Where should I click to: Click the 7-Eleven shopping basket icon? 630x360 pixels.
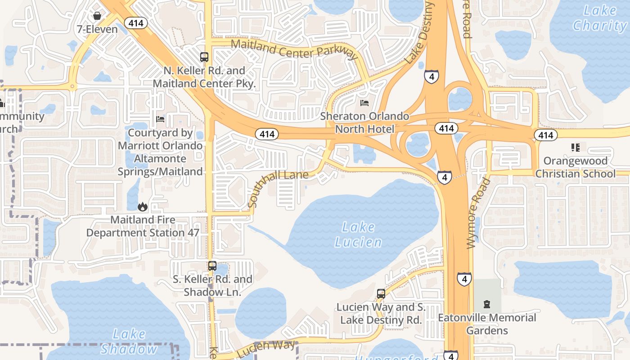point(97,16)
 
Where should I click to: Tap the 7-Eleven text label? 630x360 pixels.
point(97,30)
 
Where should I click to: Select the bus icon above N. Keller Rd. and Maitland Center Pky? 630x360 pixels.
point(204,57)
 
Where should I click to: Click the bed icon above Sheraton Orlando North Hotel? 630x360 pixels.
point(364,103)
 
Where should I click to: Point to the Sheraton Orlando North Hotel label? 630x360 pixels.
point(364,123)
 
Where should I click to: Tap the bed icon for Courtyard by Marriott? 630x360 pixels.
point(160,119)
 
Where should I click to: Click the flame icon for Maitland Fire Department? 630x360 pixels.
point(143,207)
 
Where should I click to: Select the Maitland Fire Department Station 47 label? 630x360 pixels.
point(143,226)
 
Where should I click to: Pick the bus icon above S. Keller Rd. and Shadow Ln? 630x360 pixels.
point(212,266)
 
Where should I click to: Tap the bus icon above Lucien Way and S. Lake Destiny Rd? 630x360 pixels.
point(381,294)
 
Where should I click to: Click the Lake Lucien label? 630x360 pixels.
point(358,234)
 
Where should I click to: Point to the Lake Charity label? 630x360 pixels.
point(600,18)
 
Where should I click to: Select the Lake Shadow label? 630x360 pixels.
point(129,342)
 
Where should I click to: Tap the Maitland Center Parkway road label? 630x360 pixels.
point(294,49)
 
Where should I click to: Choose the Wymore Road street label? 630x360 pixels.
point(478,213)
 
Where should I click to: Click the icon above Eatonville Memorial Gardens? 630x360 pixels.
point(486,305)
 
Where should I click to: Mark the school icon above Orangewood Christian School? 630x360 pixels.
point(575,147)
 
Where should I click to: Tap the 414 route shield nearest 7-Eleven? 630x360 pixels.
point(136,23)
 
